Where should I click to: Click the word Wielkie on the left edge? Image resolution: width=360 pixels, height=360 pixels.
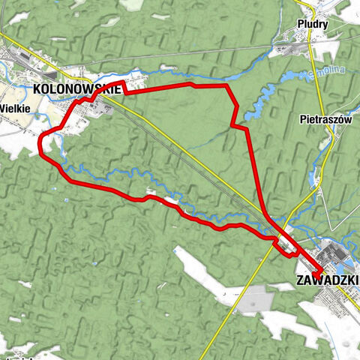click(15, 107)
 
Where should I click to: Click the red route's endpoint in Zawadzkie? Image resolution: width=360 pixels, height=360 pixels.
click(319, 271)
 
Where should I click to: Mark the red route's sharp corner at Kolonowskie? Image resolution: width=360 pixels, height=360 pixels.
click(123, 81)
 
